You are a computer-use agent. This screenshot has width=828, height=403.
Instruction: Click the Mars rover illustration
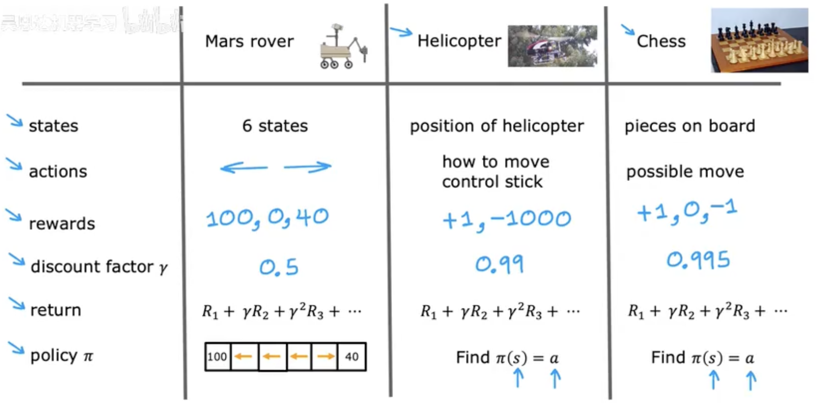pos(343,47)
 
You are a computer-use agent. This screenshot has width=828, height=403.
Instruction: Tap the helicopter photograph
pos(552,46)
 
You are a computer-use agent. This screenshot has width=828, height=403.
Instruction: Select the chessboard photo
pos(759,40)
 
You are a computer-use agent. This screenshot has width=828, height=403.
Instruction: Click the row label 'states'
pos(53,126)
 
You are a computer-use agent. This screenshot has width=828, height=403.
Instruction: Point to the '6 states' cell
pos(275,126)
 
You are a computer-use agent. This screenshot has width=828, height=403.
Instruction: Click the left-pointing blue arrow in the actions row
pos(244,168)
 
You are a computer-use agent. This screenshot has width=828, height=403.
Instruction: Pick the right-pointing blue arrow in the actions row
pos(308,167)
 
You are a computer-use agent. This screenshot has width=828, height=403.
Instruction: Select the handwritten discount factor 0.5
pos(278,267)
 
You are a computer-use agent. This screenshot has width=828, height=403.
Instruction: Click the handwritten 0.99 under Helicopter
pos(499,264)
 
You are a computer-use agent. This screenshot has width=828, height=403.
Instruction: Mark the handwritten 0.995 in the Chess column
pos(698,260)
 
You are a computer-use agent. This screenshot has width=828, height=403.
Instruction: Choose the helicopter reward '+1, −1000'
pos(507,219)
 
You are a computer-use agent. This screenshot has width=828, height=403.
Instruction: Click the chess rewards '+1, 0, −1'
pos(686,211)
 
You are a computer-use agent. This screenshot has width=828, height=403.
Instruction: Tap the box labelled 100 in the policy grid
pos(217,356)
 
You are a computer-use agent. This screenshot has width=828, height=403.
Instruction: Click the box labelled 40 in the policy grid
pos(352,356)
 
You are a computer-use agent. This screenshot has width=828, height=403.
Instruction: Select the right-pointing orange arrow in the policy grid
pos(325,356)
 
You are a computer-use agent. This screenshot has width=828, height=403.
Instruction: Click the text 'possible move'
pos(685,172)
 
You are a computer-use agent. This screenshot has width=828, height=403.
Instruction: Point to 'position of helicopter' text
pos(497,126)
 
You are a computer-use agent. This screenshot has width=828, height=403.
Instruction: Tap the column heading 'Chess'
pos(661,41)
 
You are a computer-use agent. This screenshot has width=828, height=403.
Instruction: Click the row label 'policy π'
pos(61,355)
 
